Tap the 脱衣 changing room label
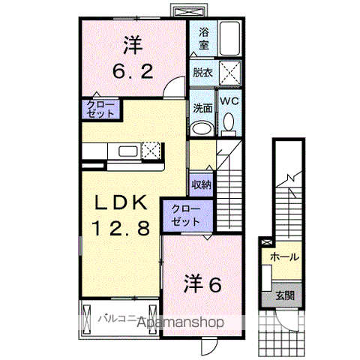[202, 73]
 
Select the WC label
[228, 99]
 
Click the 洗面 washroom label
[202, 107]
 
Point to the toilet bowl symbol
[229, 123]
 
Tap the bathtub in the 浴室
[228, 40]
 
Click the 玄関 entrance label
[285, 295]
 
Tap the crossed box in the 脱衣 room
[228, 73]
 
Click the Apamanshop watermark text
[178, 322]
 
